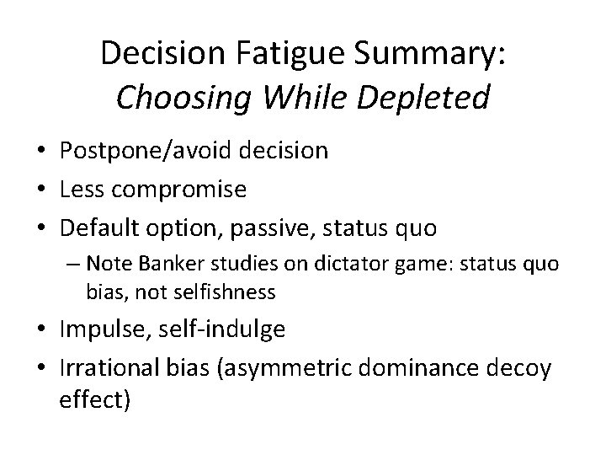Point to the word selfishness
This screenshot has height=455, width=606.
[x=191, y=292]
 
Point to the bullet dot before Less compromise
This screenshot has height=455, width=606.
[x=41, y=190]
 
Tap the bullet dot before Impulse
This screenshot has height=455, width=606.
[x=41, y=330]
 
